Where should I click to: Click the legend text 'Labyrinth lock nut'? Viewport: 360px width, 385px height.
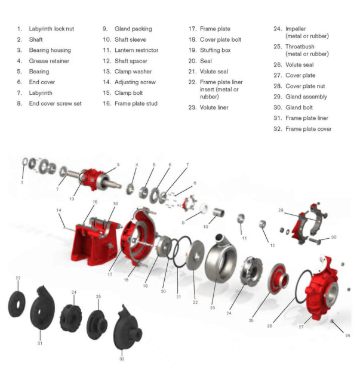[x=52, y=29]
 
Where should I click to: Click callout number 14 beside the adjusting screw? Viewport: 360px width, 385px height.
[x=59, y=211]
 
